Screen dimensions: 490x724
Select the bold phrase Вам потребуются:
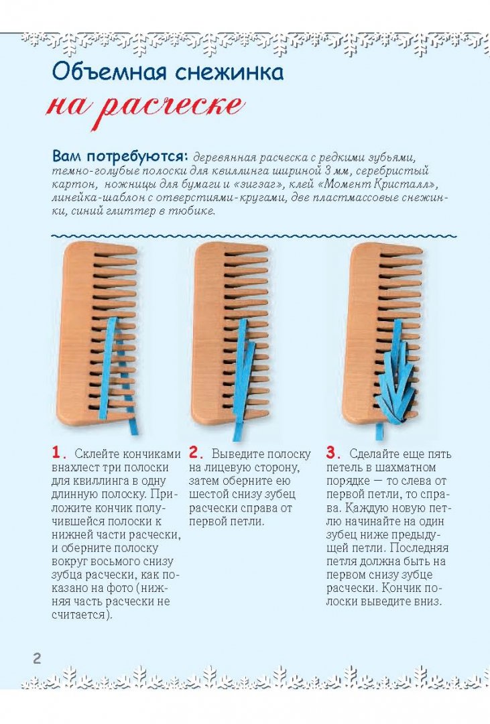(119, 156)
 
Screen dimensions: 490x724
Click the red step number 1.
(56, 452)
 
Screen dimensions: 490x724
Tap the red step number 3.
(332, 452)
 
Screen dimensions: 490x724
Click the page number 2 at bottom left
(36, 658)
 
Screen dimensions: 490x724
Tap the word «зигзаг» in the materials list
(289, 184)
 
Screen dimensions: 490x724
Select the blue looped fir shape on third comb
(395, 374)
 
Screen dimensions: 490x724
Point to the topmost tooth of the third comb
(402, 250)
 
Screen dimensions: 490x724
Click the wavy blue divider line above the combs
(254, 236)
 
